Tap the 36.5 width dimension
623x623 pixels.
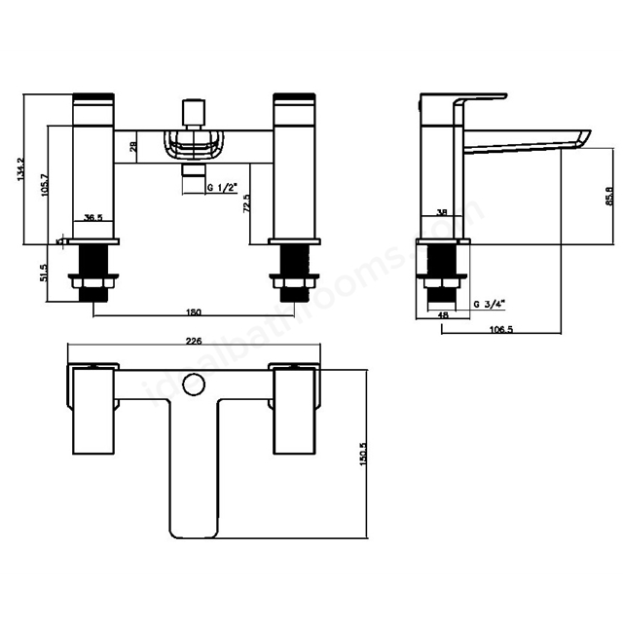(93, 218)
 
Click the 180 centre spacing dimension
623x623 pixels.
(193, 311)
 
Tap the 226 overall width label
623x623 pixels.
(194, 342)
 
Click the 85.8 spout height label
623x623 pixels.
(609, 198)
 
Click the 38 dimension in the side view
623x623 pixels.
(442, 213)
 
